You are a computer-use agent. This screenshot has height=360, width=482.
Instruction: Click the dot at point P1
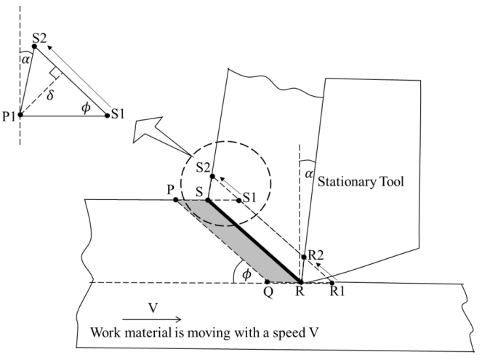20,115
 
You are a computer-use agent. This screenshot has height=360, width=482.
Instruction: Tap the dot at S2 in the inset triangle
34,47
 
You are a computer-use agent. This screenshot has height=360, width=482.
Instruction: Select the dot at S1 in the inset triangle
108,116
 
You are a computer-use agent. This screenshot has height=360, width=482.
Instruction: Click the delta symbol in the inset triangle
50,95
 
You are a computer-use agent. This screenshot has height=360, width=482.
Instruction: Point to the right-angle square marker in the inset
56,72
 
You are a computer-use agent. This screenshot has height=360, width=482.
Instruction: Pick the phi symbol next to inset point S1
87,108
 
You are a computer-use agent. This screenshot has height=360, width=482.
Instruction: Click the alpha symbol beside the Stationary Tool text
309,175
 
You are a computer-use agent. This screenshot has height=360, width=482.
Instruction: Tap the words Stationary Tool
361,182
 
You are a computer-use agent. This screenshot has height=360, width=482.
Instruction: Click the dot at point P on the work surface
176,200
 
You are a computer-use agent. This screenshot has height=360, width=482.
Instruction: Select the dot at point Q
268,282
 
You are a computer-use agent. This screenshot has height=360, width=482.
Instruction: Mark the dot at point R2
304,257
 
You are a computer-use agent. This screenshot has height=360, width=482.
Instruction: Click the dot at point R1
332,283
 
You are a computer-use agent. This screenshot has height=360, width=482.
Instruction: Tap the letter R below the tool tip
300,291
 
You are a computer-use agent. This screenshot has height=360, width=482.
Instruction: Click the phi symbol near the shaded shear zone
246,274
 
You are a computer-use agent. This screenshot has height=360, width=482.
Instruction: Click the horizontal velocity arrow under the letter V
152,319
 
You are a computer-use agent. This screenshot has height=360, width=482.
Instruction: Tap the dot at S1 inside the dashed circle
239,201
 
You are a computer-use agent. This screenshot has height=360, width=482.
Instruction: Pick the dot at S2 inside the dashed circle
212,176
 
